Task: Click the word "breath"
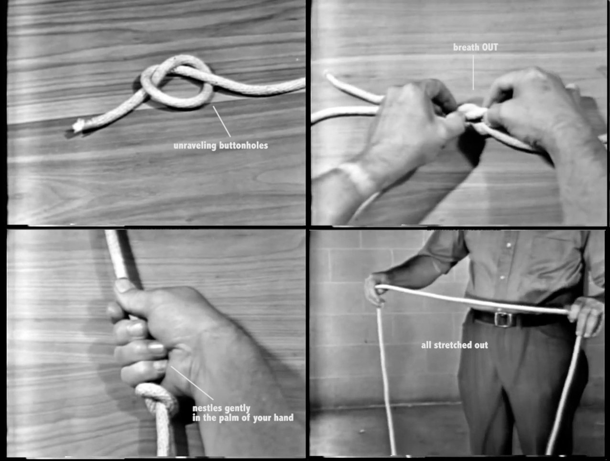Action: (466, 47)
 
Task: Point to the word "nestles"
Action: (207, 408)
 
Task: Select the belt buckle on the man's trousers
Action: (502, 319)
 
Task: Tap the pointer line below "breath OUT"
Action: (473, 72)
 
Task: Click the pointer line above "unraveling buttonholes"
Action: (222, 121)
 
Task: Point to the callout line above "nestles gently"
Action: (192, 383)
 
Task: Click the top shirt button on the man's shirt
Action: (509, 245)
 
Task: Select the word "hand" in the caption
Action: (283, 417)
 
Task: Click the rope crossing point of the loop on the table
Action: (156, 72)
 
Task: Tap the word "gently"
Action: (237, 409)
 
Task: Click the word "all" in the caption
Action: (426, 345)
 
